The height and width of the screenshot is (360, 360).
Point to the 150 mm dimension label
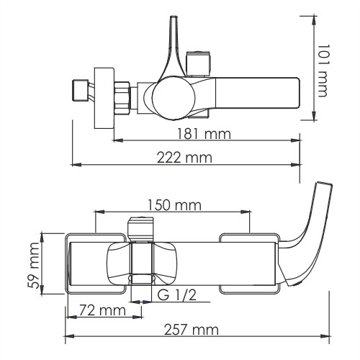[x=171, y=205]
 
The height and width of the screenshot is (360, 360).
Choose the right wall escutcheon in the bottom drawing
[x=248, y=264]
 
